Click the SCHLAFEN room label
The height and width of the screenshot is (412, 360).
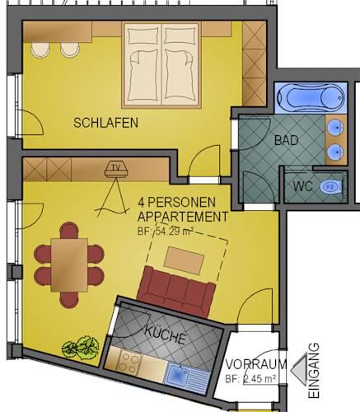pyautogui.click(x=105, y=123)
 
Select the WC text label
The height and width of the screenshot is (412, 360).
pyautogui.click(x=302, y=186)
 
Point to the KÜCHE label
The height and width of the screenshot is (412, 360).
pyautogui.click(x=166, y=335)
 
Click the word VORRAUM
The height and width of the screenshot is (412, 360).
pyautogui.click(x=256, y=364)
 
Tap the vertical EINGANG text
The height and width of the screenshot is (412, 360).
pyautogui.click(x=314, y=371)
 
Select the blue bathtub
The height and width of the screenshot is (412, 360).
pyautogui.click(x=311, y=97)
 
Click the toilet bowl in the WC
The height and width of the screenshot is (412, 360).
pyautogui.click(x=330, y=187)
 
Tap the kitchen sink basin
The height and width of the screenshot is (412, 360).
pyautogui.click(x=177, y=374)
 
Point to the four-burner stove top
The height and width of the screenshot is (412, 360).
pyautogui.click(x=130, y=363)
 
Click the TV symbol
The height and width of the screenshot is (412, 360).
pyautogui.click(x=117, y=170)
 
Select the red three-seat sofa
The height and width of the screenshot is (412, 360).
pyautogui.click(x=176, y=292)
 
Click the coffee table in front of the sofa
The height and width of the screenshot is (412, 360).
pyautogui.click(x=184, y=260)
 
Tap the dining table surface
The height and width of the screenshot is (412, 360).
pyautogui.click(x=69, y=265)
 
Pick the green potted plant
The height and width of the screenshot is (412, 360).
pyautogui.click(x=81, y=348)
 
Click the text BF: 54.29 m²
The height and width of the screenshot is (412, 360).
pyautogui.click(x=166, y=232)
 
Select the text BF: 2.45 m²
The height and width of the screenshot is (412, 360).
pyautogui.click(x=250, y=379)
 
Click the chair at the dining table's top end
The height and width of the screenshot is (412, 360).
pyautogui.click(x=69, y=230)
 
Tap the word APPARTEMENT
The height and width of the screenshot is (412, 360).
pyautogui.click(x=183, y=217)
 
